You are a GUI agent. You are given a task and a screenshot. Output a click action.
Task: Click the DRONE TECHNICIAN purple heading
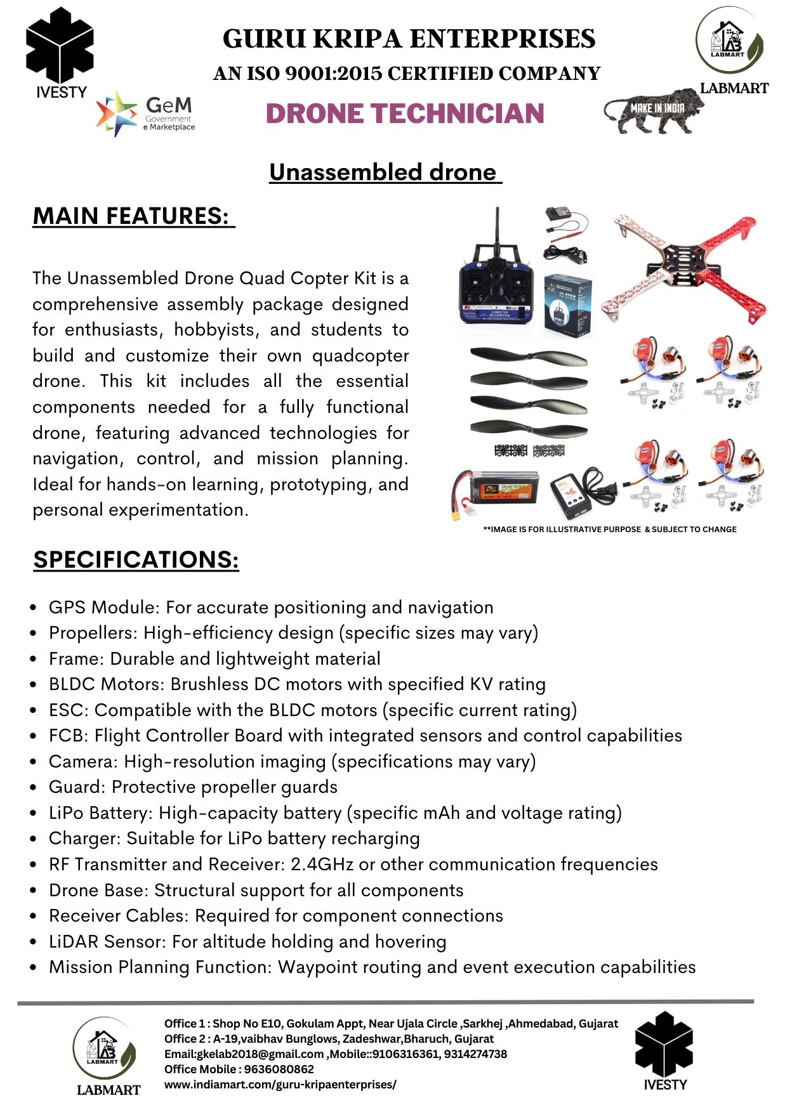coord(405,114)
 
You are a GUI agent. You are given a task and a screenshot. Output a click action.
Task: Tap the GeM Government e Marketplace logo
coord(146,114)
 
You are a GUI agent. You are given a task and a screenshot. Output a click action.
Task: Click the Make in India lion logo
coord(654,112)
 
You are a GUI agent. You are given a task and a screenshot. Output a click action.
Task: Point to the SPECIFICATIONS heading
coord(136,559)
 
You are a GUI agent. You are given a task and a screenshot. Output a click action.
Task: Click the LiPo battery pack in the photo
coord(498,492)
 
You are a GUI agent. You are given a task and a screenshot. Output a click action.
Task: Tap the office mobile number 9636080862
coord(279,1069)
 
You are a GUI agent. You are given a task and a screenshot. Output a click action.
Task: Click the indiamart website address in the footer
coord(280,1085)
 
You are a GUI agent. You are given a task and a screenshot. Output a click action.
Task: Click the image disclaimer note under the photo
coord(610,530)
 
